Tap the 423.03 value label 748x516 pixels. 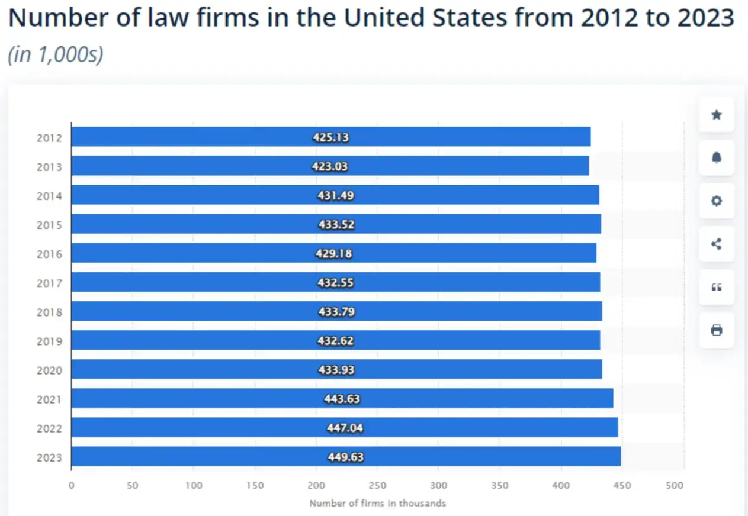click(330, 167)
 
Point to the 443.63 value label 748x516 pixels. click(342, 399)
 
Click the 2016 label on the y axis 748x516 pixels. click(49, 254)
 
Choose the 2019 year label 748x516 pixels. click(49, 341)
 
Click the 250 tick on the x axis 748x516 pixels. click(377, 486)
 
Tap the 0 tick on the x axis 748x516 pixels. click(71, 486)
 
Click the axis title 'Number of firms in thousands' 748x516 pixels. click(377, 504)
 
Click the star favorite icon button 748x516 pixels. click(716, 115)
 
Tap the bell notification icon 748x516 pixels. click(716, 157)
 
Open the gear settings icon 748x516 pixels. click(716, 201)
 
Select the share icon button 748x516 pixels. click(716, 244)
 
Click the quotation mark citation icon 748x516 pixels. click(716, 287)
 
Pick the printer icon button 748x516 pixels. click(716, 330)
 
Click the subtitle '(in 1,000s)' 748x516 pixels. click(56, 54)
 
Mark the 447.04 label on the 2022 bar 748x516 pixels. click(345, 428)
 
